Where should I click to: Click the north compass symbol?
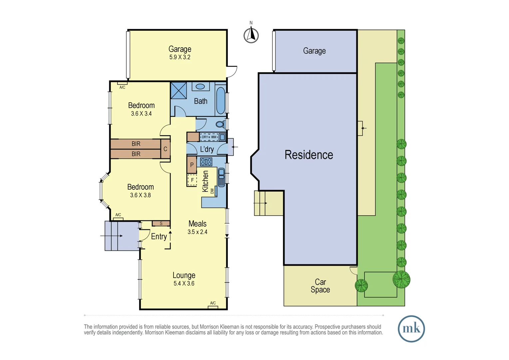pos(251,35)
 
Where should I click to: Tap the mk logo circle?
pos(411,329)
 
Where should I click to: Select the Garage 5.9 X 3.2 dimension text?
pos(180,57)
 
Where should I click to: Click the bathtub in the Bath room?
pos(221,100)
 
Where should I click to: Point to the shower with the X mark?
pos(179,90)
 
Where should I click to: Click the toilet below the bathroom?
pos(220,125)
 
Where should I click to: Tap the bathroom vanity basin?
pos(200,87)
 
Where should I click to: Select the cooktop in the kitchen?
pos(206,162)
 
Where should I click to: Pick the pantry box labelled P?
pos(192,165)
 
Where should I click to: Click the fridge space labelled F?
pos(192,180)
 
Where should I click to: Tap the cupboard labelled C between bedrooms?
pos(165,149)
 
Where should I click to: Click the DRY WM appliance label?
pos(209,137)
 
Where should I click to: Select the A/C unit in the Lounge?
pos(213,307)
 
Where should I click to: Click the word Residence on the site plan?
pos(309,155)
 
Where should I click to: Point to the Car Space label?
pos(320,286)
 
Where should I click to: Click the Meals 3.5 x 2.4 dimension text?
pos(197,232)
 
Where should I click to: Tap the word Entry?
pos(159,237)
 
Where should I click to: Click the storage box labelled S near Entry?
pos(161,223)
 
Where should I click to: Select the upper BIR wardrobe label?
pos(136,144)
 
